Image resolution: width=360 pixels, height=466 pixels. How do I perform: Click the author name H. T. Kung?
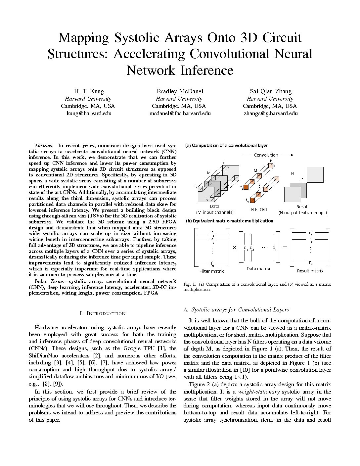88,91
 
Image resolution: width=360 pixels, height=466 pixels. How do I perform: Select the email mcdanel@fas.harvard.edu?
180,113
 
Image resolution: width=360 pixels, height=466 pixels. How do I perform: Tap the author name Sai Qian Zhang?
270,91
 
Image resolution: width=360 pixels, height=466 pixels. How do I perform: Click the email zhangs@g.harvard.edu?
270,113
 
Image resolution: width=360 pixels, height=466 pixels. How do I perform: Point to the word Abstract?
43,146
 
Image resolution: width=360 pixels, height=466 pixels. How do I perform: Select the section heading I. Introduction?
103,313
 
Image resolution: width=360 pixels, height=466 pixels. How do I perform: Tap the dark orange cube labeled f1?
246,187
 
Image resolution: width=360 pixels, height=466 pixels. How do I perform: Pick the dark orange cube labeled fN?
252,200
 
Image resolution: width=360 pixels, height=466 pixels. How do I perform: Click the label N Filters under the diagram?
259,209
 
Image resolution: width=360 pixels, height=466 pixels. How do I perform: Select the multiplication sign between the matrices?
235,247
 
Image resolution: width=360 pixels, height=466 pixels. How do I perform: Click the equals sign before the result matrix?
285,247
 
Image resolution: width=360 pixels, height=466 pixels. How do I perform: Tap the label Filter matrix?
211,271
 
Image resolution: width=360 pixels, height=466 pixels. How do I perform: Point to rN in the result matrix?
311,263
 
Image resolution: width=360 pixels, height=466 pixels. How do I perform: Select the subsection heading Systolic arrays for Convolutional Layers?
240,309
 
